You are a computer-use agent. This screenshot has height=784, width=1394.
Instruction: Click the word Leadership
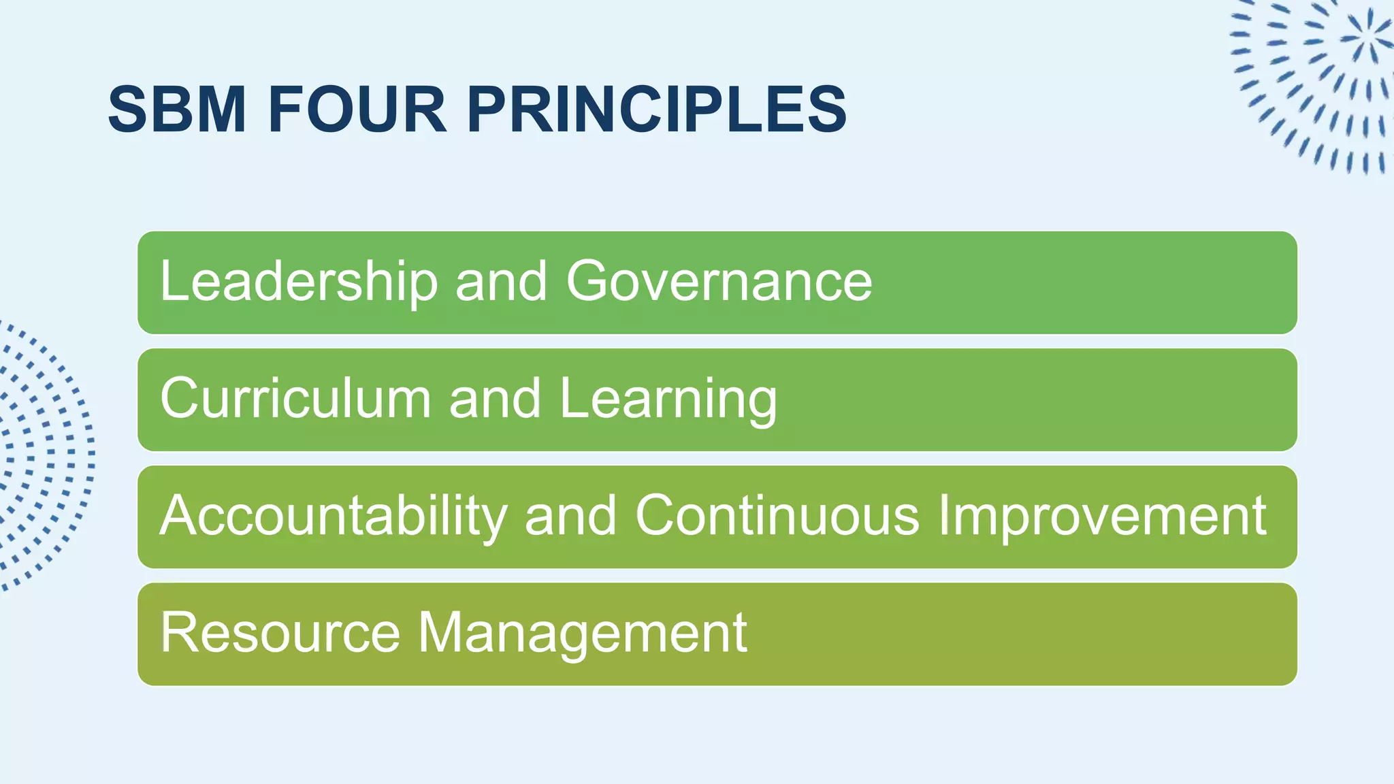299,281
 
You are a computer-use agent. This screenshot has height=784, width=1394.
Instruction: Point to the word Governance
719,281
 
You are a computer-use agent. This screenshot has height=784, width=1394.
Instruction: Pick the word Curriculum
295,398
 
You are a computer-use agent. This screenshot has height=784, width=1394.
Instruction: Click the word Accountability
334,516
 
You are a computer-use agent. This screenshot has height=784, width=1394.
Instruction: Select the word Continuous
777,516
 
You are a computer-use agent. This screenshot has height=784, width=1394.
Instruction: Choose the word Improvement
1102,516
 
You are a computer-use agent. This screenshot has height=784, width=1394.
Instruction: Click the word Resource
280,633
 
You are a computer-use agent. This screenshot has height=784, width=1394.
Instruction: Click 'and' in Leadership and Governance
501,281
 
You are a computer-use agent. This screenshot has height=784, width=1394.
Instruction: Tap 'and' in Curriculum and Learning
495,398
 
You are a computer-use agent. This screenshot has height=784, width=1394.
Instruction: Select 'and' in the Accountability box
570,516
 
